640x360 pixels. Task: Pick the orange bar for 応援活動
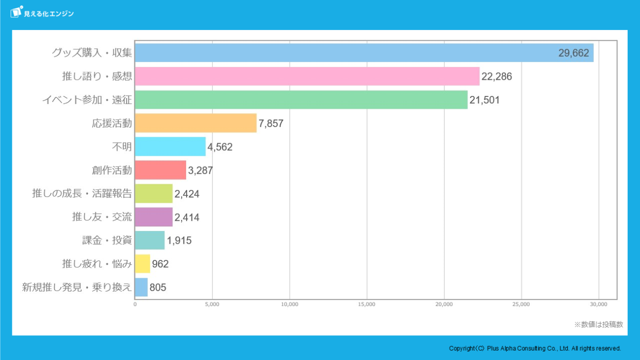pyautogui.click(x=196, y=123)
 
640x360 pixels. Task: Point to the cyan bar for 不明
pyautogui.click(x=170, y=146)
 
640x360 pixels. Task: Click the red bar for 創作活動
pyautogui.click(x=160, y=170)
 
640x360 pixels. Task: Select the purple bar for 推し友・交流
pyautogui.click(x=154, y=217)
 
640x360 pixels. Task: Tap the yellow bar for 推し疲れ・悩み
pyautogui.click(x=142, y=263)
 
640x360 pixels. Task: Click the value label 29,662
pyautogui.click(x=574, y=53)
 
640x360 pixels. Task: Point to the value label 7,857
pyautogui.click(x=271, y=124)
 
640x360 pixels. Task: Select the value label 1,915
pyautogui.click(x=179, y=240)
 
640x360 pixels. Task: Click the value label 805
pyautogui.click(x=158, y=288)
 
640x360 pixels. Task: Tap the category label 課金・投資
pyautogui.click(x=107, y=240)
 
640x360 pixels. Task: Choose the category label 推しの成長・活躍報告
pyautogui.click(x=82, y=194)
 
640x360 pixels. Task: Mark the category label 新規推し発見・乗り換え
pyautogui.click(x=77, y=288)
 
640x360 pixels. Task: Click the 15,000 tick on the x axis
pyautogui.click(x=367, y=304)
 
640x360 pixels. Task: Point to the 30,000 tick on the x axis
pyautogui.click(x=599, y=304)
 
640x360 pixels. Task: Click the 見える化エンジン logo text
pyautogui.click(x=49, y=14)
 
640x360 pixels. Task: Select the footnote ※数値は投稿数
pyautogui.click(x=599, y=325)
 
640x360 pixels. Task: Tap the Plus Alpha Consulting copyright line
pyautogui.click(x=535, y=348)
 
